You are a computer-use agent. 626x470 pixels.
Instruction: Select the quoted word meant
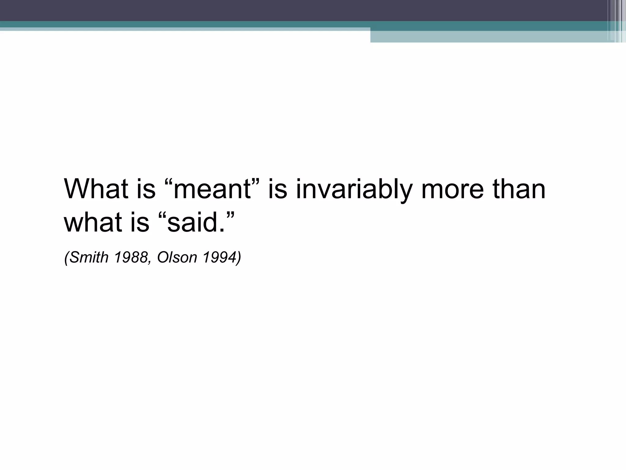[212, 189]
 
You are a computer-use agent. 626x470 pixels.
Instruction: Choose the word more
[452, 189]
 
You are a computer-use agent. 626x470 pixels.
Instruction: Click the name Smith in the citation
[89, 257]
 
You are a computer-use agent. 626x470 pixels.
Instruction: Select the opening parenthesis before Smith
[66, 257]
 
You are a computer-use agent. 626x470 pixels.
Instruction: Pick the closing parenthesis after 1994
[239, 257]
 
